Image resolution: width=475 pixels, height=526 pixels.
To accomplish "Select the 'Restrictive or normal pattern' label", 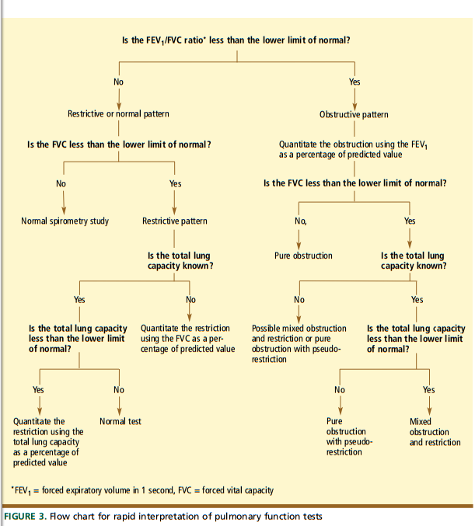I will point(118,114).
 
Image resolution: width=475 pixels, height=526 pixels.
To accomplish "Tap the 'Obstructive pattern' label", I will point(354,115).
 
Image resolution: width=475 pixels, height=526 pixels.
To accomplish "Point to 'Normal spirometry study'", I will point(65,221).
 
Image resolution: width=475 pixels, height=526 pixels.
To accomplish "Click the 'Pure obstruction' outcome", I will point(302,255).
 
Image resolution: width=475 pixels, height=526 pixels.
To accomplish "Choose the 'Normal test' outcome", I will point(120,421).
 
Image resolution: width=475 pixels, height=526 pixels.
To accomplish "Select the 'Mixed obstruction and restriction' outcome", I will point(429,432).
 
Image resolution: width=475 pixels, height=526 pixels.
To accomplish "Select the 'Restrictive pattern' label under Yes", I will point(175,221).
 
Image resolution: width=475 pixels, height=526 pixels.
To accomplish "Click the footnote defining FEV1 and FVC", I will point(143,489).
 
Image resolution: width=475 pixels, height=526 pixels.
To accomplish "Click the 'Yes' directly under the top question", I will point(355,82).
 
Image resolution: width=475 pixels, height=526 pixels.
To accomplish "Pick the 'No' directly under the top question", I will point(118,82).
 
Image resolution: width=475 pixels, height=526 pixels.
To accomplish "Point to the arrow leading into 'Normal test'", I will point(119,405).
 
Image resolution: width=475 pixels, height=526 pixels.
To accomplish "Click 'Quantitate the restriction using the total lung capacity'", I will point(48,441).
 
